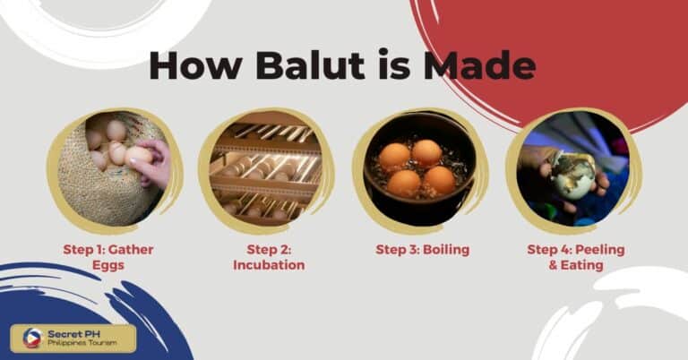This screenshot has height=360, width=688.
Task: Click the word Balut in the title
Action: [295, 66]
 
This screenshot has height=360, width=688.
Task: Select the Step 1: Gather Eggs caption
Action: [115, 257]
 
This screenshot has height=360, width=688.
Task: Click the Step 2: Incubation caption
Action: [269, 257]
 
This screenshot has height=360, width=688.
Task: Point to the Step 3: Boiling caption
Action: [422, 250]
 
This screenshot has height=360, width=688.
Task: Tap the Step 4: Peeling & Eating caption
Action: [576, 257]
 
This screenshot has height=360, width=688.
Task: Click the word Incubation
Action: [269, 265]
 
